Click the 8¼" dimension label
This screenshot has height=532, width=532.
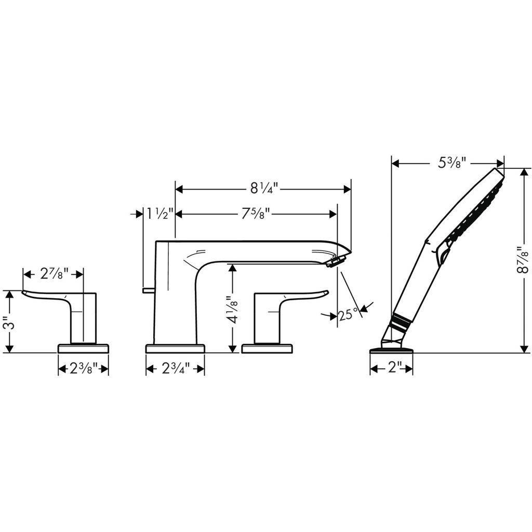(x=264, y=188)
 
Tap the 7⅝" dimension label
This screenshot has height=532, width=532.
(x=256, y=214)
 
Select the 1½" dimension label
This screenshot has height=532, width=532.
(x=160, y=214)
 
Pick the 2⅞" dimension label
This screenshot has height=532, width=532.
(x=54, y=274)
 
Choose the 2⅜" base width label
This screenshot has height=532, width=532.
(x=84, y=368)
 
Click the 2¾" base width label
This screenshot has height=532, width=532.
(x=176, y=368)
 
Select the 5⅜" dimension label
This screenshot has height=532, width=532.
(x=450, y=163)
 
